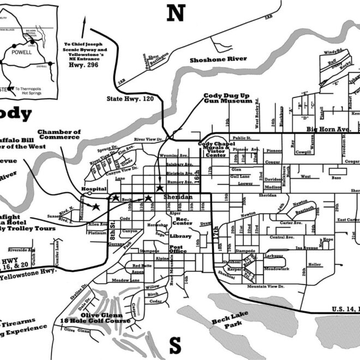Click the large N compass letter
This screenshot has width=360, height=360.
176,13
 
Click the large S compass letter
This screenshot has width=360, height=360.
175,345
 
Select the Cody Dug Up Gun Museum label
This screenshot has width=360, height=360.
228,98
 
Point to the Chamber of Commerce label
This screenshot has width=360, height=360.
59,135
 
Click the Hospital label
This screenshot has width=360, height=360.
93,189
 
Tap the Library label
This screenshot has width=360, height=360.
181,236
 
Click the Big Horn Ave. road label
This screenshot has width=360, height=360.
327,129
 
